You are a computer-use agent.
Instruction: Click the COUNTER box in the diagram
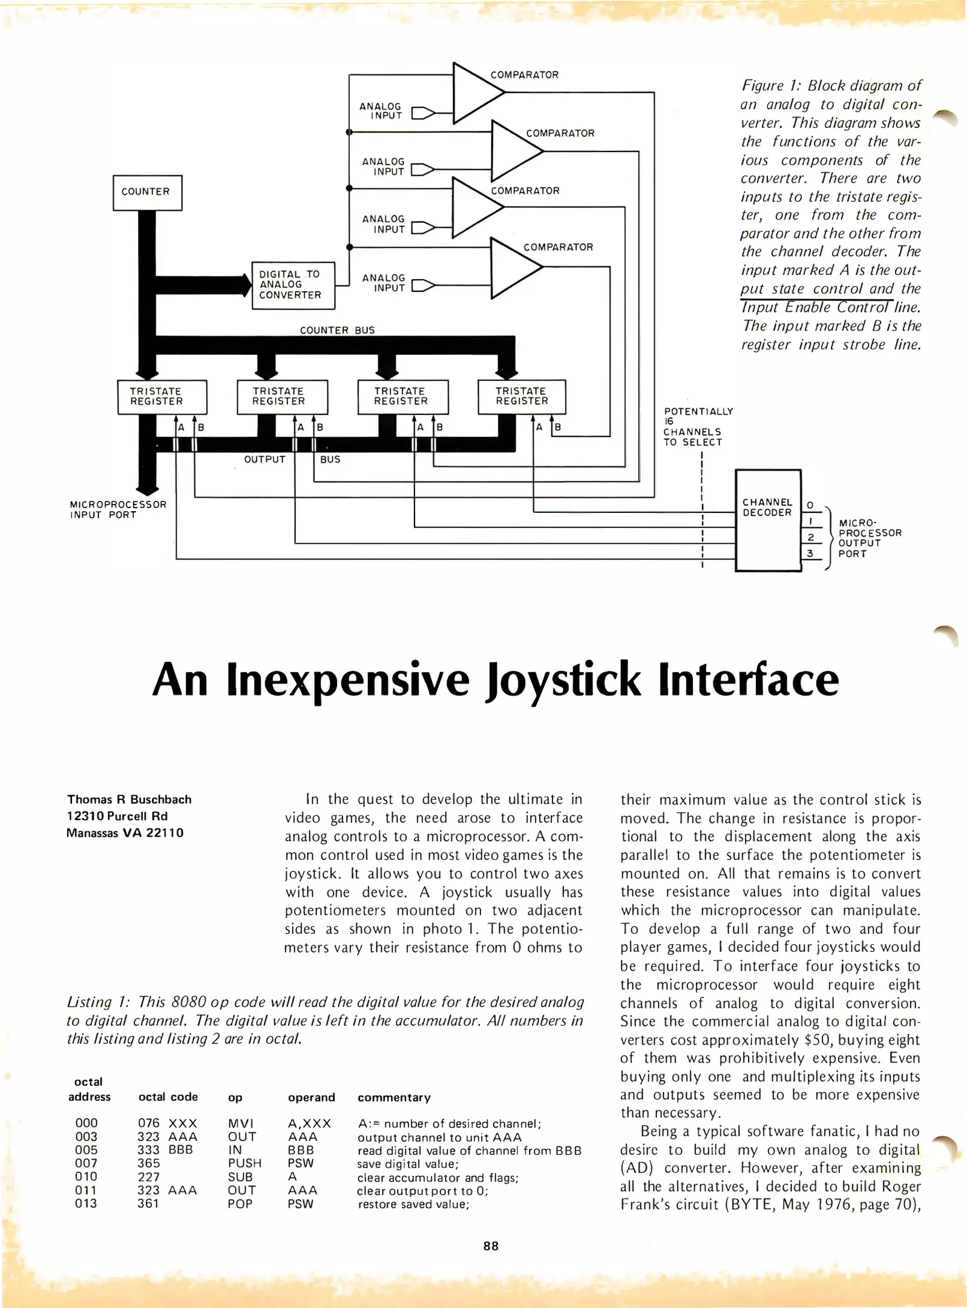[x=147, y=193]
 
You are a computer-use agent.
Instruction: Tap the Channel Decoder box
[x=767, y=520]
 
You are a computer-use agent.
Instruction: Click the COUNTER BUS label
[x=337, y=330]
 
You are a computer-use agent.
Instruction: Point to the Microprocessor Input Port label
[x=118, y=509]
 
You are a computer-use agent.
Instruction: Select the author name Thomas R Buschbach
[x=129, y=799]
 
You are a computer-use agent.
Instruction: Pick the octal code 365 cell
[x=148, y=1163]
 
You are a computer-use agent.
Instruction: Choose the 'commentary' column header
[x=394, y=1097]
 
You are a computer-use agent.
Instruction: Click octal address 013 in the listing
[x=86, y=1203]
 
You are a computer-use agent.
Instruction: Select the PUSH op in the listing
[x=244, y=1163]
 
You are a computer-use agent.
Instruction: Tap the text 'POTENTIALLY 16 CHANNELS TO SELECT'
[x=698, y=427]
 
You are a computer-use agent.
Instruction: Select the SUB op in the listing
[x=240, y=1177]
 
